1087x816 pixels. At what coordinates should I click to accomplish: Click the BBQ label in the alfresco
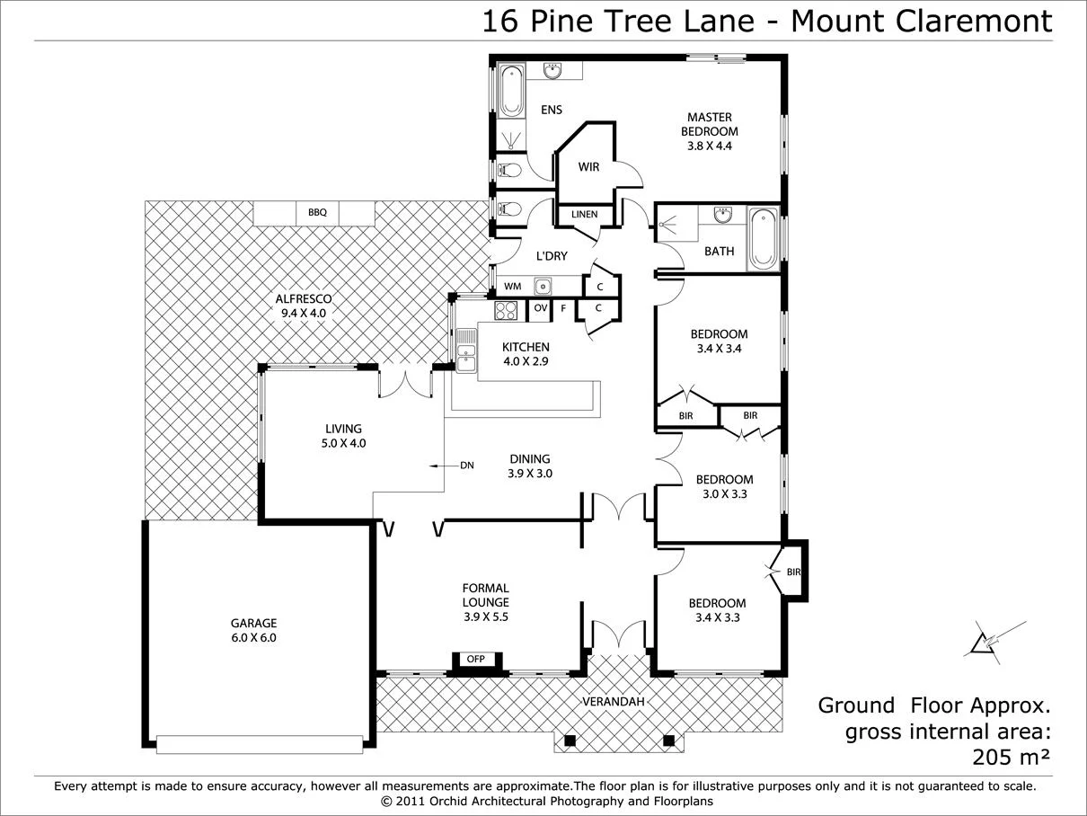317,213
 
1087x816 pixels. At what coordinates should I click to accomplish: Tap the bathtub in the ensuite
511,91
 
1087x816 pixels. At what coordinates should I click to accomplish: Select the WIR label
588,167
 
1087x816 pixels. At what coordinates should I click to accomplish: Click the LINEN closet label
584,215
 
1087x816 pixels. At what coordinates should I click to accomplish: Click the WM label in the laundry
512,287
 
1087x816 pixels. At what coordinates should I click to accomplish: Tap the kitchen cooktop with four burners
506,310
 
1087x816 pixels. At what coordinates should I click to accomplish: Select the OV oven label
540,308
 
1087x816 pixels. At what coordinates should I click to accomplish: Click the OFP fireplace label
475,659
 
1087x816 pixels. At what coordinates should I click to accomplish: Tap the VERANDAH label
614,701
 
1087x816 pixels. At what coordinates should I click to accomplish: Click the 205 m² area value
1011,757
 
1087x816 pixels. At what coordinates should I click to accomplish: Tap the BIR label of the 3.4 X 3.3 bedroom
792,572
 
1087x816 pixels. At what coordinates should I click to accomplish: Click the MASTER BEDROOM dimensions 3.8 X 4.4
709,146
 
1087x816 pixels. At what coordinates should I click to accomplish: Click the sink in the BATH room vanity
723,215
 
